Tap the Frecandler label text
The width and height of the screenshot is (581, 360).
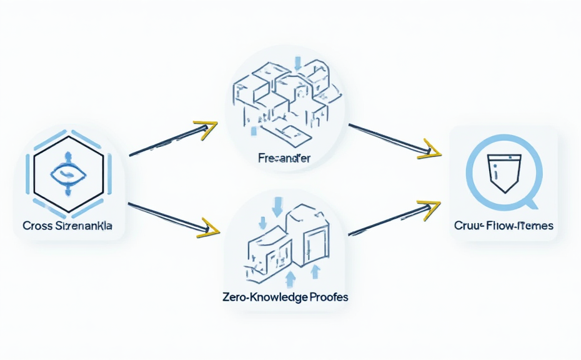284,158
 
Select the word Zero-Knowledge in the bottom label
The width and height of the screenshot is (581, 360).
264,297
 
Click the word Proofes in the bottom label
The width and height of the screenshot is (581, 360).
327,297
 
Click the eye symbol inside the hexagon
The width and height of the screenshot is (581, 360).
68,173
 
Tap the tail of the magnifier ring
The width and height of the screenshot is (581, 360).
531,203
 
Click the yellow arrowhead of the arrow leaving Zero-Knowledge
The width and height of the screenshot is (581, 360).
430,208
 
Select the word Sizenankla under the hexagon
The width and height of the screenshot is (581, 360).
85,226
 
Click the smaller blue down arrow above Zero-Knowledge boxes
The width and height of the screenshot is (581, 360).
263,222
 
